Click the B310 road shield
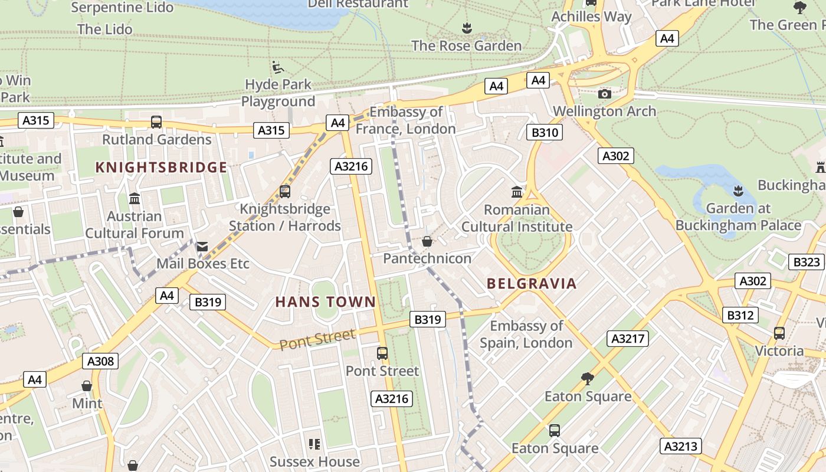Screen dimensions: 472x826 point(545,132)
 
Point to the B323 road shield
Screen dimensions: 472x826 point(807,262)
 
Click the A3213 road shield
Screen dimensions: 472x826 point(681,446)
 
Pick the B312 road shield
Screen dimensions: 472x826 point(740,315)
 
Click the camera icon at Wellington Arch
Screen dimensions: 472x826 point(604,94)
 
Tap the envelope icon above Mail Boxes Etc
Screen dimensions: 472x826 point(202,247)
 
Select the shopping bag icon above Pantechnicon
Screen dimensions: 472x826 point(427,241)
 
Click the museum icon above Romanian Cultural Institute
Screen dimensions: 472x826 point(517,192)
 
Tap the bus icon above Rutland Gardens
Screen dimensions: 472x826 point(156,122)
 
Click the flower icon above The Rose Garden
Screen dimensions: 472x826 point(467,28)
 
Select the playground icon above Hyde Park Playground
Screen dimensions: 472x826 point(278,67)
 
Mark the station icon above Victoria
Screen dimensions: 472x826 point(779,333)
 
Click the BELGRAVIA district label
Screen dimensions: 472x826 point(532,284)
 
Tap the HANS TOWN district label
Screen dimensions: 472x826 point(326,302)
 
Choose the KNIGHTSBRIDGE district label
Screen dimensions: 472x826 point(161,168)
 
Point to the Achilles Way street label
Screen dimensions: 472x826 point(591,17)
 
